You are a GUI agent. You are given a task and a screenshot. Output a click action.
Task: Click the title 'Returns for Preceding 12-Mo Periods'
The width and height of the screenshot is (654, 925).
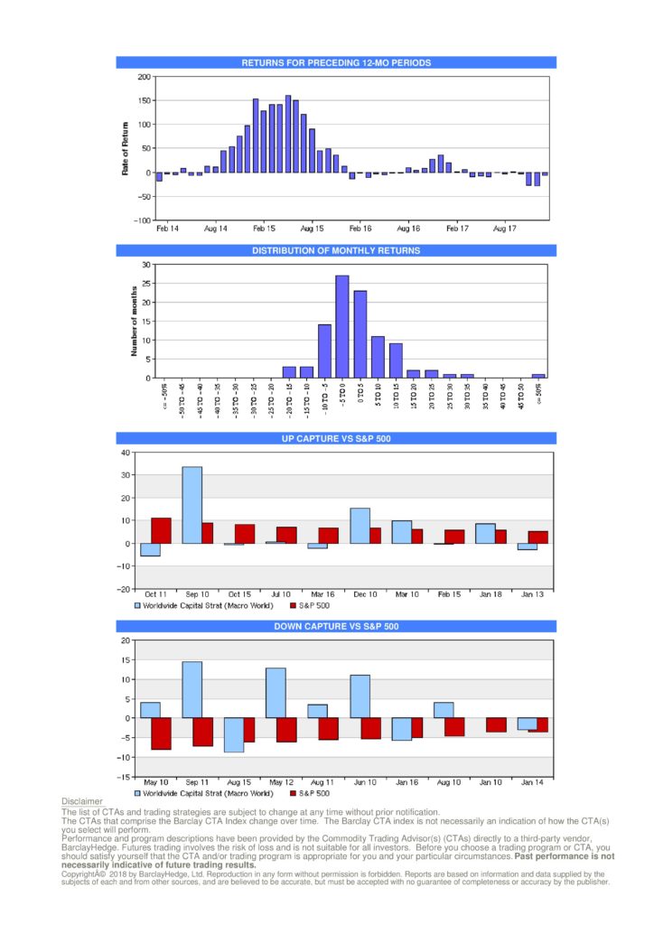pyautogui.click(x=336, y=63)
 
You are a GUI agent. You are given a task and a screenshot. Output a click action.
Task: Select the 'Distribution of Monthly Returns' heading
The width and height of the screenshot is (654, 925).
pyautogui.click(x=336, y=250)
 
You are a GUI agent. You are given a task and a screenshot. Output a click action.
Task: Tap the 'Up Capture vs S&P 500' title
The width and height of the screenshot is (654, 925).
pyautogui.click(x=336, y=438)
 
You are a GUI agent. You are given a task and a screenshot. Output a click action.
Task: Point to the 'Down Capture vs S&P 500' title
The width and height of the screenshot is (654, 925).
pyautogui.click(x=336, y=626)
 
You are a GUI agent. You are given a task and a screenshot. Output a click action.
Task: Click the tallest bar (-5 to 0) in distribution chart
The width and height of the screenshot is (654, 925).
pyautogui.click(x=341, y=327)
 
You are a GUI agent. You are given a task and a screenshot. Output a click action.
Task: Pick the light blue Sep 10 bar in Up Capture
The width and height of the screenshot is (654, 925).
pyautogui.click(x=192, y=505)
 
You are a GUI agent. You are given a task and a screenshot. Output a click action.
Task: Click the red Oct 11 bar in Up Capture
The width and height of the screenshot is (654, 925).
pyautogui.click(x=161, y=530)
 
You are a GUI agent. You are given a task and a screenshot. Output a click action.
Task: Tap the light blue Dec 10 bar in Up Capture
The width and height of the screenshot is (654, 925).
pyautogui.click(x=360, y=526)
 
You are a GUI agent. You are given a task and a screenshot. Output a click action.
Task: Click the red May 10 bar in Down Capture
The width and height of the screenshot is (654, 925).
pyautogui.click(x=161, y=733)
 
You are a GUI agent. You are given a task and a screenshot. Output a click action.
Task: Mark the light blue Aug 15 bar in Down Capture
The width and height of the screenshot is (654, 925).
pyautogui.click(x=233, y=734)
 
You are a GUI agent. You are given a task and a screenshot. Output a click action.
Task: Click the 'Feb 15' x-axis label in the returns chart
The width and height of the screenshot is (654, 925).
pyautogui.click(x=264, y=229)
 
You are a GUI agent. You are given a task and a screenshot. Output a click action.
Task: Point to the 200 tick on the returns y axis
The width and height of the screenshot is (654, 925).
pyautogui.click(x=145, y=77)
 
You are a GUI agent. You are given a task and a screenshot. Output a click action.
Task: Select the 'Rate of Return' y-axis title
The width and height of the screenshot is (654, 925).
pyautogui.click(x=126, y=148)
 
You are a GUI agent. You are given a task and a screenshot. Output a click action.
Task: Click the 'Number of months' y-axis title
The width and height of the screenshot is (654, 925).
pyautogui.click(x=133, y=322)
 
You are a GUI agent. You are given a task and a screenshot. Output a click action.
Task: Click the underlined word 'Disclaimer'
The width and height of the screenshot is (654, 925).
pyautogui.click(x=81, y=802)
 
